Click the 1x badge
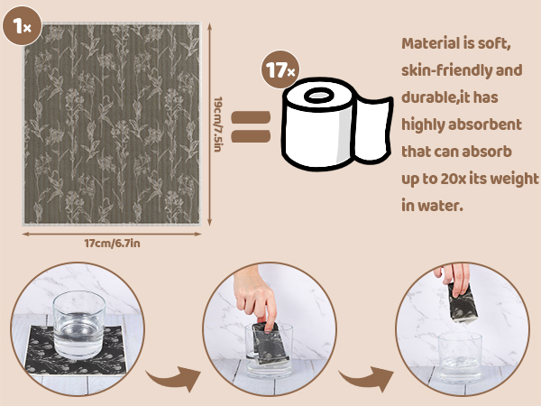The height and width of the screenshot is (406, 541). [22, 26]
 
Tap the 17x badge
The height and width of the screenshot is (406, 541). [280, 70]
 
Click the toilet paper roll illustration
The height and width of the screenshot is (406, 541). [337, 124]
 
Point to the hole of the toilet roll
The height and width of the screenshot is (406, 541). [319, 96]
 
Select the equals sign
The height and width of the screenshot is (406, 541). [251, 126]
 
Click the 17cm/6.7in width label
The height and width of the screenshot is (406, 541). [112, 244]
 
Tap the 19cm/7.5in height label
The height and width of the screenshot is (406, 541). [218, 125]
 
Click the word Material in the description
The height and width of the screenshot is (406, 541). [426, 43]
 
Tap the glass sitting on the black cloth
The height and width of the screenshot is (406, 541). [79, 325]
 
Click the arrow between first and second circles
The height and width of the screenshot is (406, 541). [174, 378]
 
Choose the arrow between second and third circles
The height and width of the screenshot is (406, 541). [367, 378]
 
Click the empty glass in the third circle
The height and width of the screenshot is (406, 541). [460, 357]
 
